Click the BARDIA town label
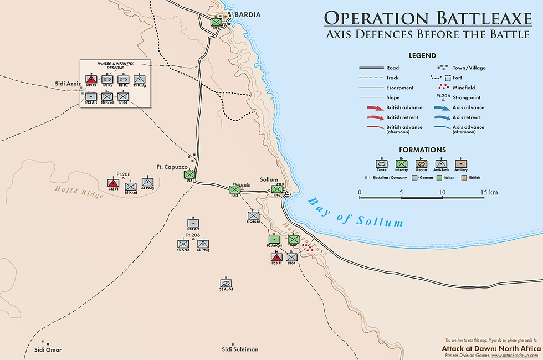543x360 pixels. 247,14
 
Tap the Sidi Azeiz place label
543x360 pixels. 68,84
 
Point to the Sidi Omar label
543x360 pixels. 47,349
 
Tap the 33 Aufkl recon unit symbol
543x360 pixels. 226,282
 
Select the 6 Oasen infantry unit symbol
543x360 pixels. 253,215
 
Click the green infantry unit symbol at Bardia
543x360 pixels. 216,22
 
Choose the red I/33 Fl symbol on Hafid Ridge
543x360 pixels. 113,183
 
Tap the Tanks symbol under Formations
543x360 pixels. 381,164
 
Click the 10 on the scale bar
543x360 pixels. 442,192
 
